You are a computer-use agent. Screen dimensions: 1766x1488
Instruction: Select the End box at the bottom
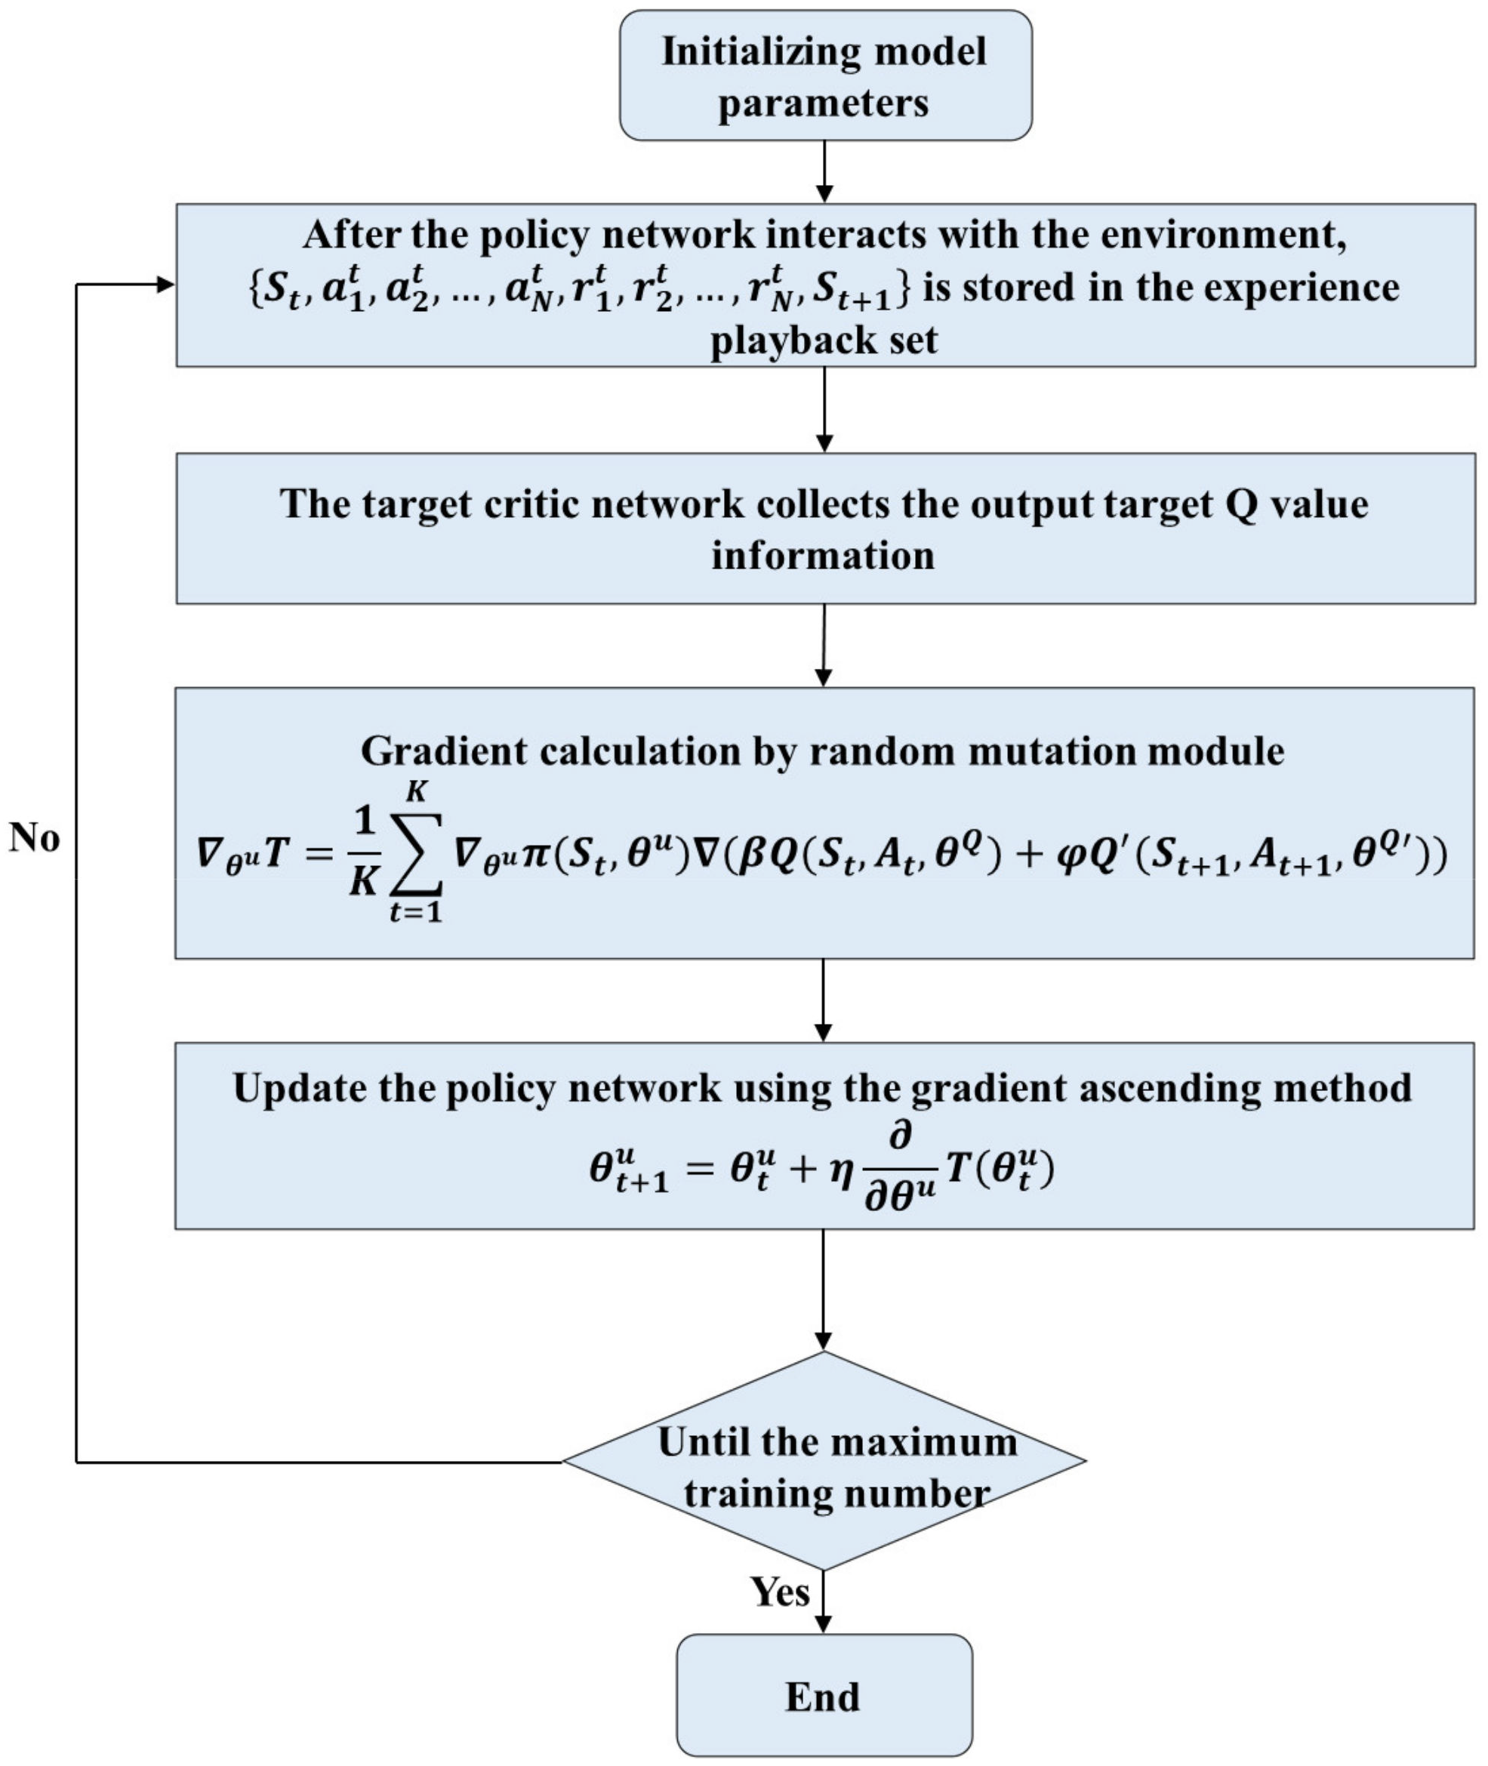824,1695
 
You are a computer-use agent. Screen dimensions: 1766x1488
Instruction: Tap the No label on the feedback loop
35,839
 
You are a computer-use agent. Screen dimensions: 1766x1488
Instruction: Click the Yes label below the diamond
779,1592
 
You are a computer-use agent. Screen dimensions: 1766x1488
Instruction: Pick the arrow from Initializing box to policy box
824,171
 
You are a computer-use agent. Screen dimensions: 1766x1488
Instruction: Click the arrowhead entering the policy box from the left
165,285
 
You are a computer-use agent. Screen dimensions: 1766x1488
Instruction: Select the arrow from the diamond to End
824,1601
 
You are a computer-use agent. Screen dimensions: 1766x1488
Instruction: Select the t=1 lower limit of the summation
415,912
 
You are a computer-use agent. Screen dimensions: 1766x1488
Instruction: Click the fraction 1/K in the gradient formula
364,855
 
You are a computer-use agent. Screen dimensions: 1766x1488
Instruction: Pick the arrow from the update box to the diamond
824,1290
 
